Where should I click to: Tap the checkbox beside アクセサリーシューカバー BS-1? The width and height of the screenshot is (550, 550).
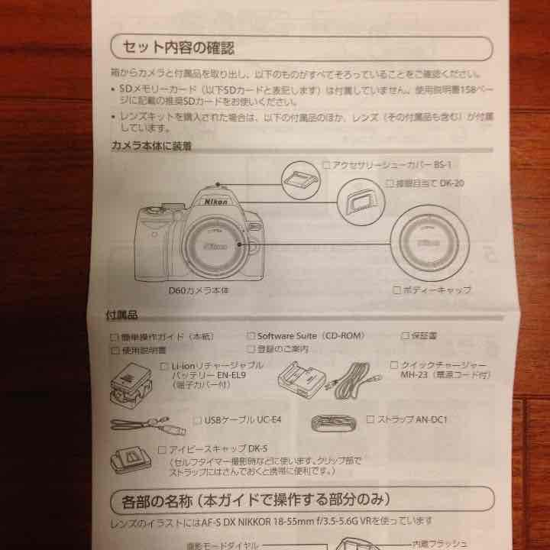[326, 164]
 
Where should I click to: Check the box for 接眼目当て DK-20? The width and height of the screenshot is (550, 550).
[390, 183]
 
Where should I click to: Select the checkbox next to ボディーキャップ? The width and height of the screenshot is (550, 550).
[396, 290]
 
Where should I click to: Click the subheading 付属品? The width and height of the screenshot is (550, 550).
[120, 315]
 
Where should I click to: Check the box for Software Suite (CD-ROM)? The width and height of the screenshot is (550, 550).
[251, 335]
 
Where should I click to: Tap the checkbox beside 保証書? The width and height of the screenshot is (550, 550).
[406, 335]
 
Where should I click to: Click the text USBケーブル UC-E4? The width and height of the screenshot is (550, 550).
[242, 420]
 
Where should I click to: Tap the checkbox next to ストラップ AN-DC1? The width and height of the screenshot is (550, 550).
[370, 419]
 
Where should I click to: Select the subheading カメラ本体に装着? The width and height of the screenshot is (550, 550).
[150, 146]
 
